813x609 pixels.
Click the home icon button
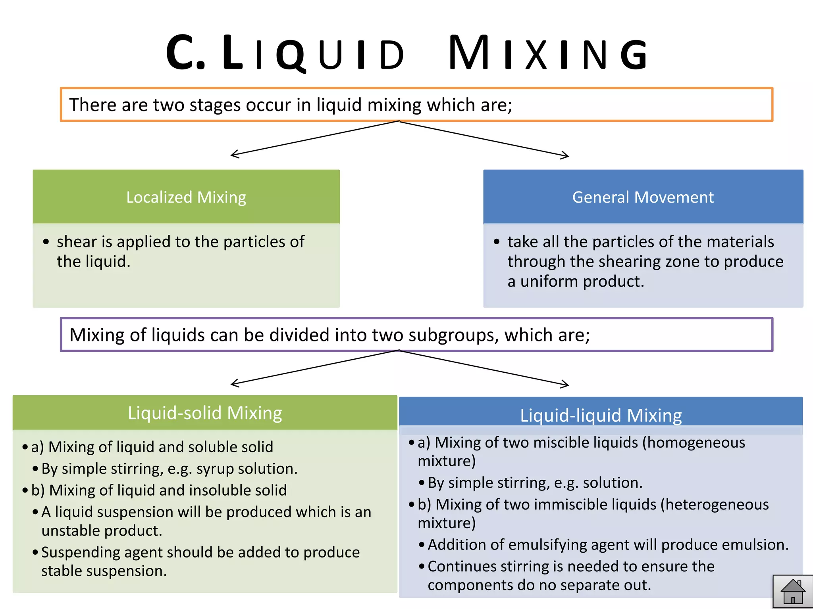(793, 592)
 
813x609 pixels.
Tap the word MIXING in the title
(548, 53)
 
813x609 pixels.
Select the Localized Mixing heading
(186, 197)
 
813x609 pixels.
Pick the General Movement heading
(643, 197)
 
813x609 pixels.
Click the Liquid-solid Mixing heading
(205, 413)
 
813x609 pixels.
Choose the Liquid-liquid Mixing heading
(601, 416)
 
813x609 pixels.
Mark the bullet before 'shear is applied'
(46, 241)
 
